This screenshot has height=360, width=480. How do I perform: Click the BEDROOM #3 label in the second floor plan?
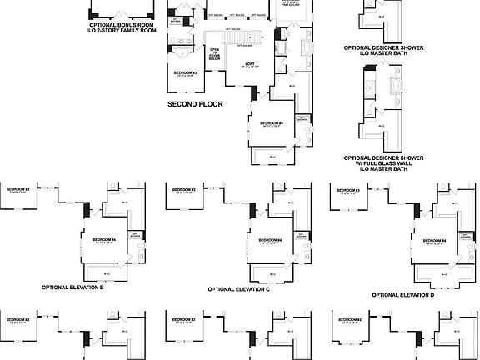pos(185,73)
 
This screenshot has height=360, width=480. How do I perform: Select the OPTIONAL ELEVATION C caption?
pos(239,289)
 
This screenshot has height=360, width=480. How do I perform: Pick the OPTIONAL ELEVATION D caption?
pos(403,295)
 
